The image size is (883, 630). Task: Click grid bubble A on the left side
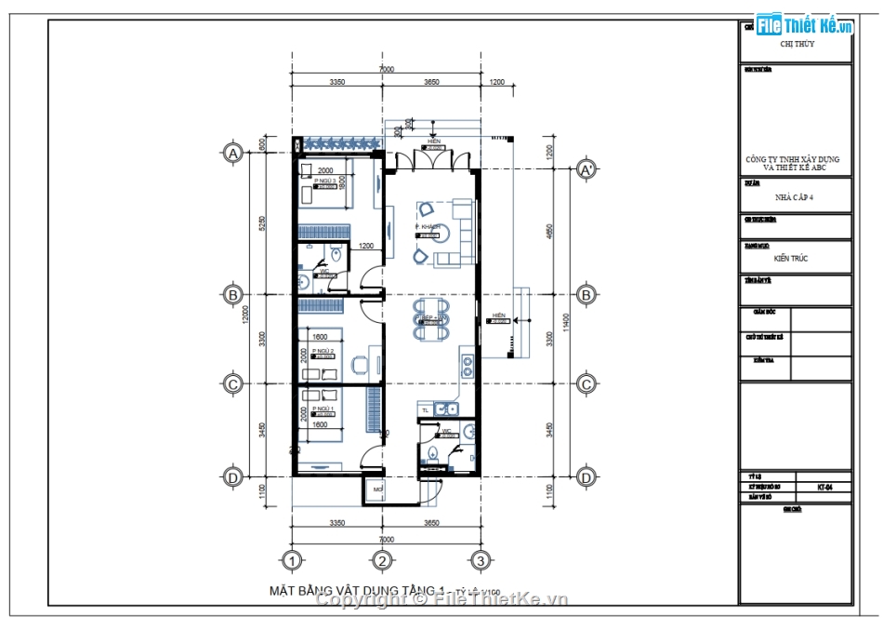[x=232, y=154]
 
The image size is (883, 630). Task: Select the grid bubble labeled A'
[x=586, y=170]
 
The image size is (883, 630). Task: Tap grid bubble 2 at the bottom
[x=381, y=560]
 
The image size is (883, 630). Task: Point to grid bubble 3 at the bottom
[x=480, y=560]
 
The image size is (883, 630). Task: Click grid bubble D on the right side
[x=586, y=476]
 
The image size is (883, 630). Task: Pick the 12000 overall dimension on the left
[x=247, y=315]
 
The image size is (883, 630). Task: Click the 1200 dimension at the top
[x=496, y=83]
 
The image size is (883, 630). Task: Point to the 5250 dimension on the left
[x=263, y=223]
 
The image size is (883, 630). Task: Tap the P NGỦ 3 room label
[x=324, y=182]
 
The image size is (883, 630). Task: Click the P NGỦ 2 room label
[x=323, y=350]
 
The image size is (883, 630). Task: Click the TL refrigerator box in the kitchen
[x=426, y=409]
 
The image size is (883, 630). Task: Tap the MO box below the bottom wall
[x=378, y=489]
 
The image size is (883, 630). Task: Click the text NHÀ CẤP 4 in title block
[x=795, y=197]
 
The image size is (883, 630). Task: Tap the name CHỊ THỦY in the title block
[x=797, y=44]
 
